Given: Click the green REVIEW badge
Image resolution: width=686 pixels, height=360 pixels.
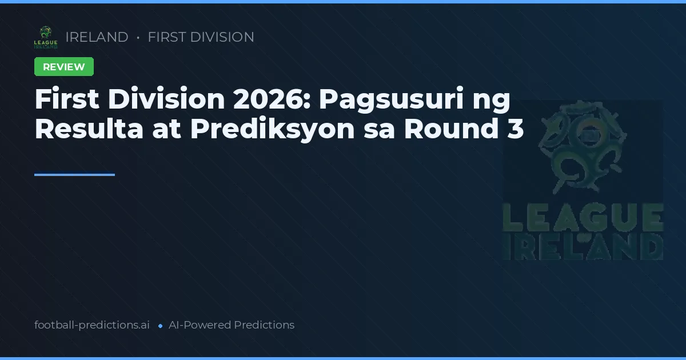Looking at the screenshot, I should tap(64, 67).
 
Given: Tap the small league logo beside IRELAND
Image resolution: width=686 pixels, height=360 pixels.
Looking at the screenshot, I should tap(46, 37).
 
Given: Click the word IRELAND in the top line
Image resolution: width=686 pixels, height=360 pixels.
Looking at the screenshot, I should tap(97, 37).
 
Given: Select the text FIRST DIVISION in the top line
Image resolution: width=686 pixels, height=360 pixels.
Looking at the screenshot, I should tap(201, 37).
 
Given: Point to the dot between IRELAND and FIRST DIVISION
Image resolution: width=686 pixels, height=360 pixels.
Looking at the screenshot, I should tap(138, 38).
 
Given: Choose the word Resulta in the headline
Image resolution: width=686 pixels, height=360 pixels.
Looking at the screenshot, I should tap(89, 129).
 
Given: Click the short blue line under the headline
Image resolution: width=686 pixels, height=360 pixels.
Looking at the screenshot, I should tap(74, 175).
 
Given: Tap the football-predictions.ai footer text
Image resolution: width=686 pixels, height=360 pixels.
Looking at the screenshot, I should tap(92, 325).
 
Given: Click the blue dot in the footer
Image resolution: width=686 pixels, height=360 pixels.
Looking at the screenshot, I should tap(160, 326).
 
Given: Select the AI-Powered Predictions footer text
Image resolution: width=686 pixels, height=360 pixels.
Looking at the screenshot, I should tap(232, 325).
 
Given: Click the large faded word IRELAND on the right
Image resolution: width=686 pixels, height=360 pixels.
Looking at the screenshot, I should tap(583, 247).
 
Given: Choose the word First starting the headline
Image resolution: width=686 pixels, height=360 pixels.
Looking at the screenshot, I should tap(67, 99).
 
